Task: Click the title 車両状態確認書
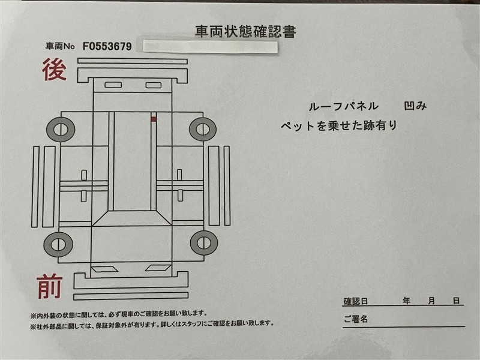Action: [245, 32]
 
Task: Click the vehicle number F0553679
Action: [107, 47]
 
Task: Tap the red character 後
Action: [54, 70]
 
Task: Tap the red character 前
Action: [50, 287]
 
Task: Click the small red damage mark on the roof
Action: [154, 119]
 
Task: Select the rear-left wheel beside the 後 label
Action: [61, 129]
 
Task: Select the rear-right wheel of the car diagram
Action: [203, 129]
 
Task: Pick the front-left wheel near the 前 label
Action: [58, 244]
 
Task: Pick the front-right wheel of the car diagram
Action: [204, 243]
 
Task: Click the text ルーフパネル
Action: [343, 107]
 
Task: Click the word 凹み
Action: [415, 106]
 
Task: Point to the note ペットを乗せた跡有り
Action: [339, 125]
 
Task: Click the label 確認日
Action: [355, 301]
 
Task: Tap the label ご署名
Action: [355, 319]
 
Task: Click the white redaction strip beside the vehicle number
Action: [211, 47]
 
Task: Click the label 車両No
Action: [61, 46]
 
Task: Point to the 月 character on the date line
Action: [431, 301]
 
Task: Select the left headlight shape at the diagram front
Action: [104, 269]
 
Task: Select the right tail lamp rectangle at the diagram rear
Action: [154, 85]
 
